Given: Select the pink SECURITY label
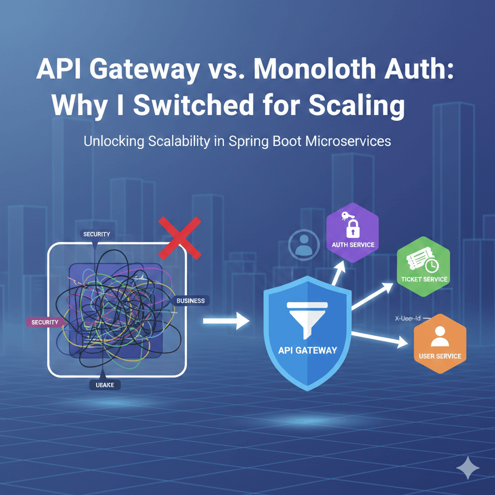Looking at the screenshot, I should tap(44, 322).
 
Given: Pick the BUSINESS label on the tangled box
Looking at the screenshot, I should tap(190, 301).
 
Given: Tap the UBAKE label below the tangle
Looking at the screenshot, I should tap(105, 385).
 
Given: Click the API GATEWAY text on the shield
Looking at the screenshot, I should tap(307, 350).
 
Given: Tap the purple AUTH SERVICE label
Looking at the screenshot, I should tap(353, 245).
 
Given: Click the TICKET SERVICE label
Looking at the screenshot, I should tap(424, 279).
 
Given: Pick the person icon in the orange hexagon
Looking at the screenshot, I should tap(439, 336).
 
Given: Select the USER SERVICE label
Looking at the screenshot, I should tap(440, 357).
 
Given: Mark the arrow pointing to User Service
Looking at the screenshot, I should tap(382, 338).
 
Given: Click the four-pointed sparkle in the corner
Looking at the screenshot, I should tap(467, 467).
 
